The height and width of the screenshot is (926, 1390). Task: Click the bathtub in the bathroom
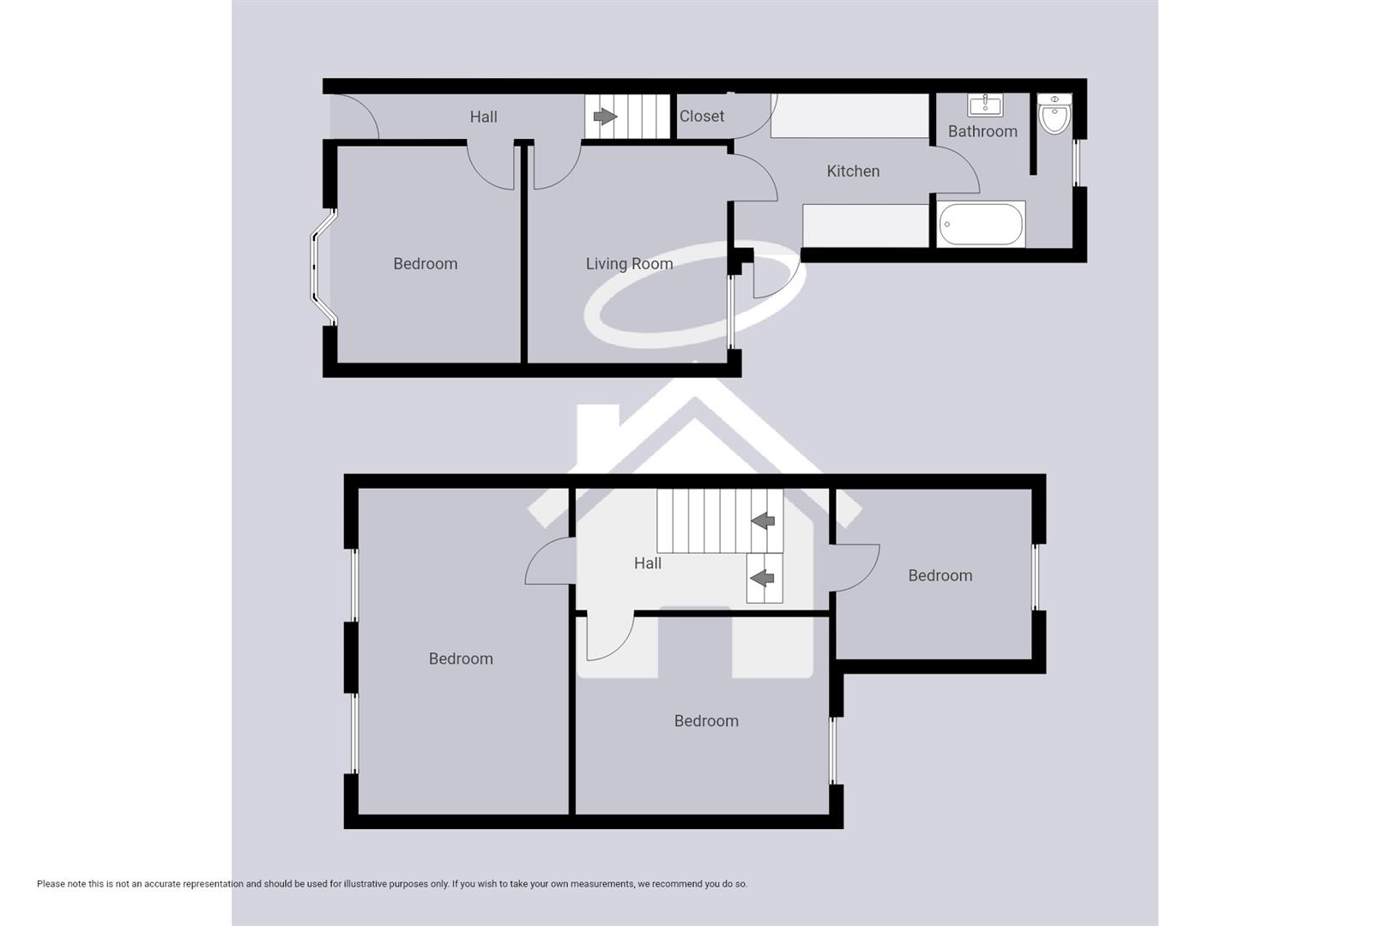pos(981,225)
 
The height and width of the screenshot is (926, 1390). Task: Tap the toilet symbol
pos(1055,115)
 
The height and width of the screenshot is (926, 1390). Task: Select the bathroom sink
pos(985,105)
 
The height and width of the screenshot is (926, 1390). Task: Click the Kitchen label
pos(853,171)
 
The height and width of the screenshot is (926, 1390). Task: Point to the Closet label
pos(702,117)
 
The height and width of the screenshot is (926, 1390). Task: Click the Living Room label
pos(629,264)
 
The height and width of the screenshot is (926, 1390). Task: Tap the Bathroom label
pos(982,132)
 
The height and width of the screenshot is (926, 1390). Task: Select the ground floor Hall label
pos(483,117)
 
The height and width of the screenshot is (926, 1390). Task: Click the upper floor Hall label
pos(648,563)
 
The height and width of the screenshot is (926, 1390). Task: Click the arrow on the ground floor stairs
pos(606,117)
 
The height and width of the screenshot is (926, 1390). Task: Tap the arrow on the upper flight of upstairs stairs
pos(763,520)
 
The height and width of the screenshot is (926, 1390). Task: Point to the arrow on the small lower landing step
pos(763,578)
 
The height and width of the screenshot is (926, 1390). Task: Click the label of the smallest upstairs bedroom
pos(940,576)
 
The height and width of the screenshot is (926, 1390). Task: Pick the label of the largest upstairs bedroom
pos(461,659)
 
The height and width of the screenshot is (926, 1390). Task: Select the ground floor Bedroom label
pos(425,264)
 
